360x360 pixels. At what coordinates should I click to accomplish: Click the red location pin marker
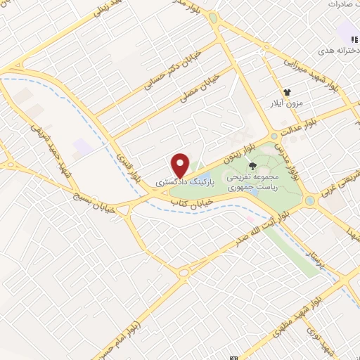tap(181, 165)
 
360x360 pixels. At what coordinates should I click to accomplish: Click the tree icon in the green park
tap(252, 166)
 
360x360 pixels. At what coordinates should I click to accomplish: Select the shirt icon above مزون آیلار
tap(287, 92)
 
